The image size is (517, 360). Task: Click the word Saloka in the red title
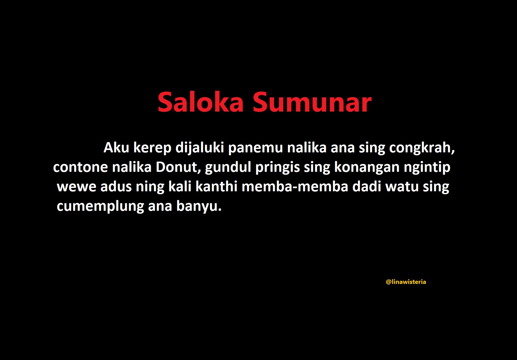pyautogui.click(x=201, y=102)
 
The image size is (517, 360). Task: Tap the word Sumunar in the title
pyautogui.click(x=312, y=102)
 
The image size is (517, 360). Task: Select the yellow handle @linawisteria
pyautogui.click(x=406, y=282)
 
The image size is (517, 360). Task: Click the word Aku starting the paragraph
pyautogui.click(x=116, y=147)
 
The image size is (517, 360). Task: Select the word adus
pyautogui.click(x=116, y=187)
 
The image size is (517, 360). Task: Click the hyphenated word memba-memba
pyautogui.click(x=295, y=187)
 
